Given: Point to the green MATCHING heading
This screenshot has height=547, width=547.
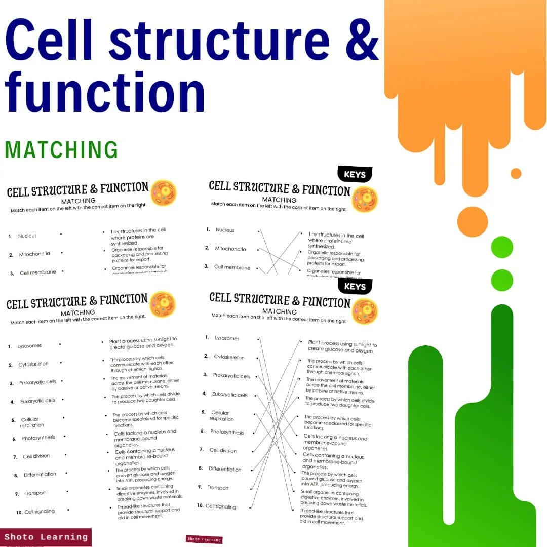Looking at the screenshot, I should point(61,150).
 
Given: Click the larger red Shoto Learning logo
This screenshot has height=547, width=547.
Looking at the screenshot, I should point(46,537).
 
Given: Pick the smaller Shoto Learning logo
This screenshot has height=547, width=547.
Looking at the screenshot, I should point(204,539).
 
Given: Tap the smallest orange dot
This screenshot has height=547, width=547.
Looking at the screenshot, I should point(516,173).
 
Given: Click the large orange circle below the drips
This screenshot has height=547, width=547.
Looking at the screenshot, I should point(472,221).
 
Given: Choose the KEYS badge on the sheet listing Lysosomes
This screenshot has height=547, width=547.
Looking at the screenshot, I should point(355,287).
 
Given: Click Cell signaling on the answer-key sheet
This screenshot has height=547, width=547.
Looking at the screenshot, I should point(221,506).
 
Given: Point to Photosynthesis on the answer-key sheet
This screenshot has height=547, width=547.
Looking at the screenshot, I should point(227,432).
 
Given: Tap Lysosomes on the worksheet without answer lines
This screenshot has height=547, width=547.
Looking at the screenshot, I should point(29,346).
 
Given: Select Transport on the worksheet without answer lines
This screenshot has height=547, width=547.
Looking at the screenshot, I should point(35,493).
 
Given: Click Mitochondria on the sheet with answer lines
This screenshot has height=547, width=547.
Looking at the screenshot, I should point(230,249).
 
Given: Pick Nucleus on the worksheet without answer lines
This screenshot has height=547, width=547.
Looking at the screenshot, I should point(27,236).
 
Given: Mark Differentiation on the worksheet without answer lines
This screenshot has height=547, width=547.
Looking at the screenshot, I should point(40,475).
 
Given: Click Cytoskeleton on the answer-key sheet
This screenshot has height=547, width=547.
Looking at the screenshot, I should point(229,357).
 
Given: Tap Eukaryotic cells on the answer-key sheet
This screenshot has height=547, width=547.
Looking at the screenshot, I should point(229,395).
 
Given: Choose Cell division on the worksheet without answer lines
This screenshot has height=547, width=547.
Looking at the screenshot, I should point(36,456).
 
